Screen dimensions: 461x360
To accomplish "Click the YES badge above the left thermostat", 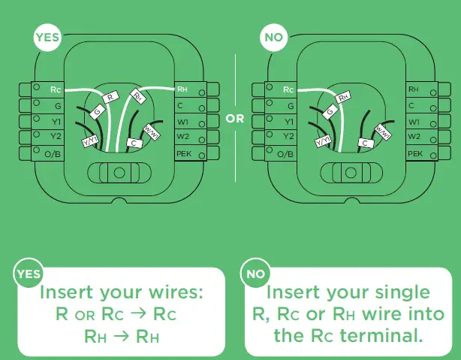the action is [x=47, y=38].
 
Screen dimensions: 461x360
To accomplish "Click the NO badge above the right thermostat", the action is [x=273, y=38].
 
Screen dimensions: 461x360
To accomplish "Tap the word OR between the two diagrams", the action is [x=235, y=119].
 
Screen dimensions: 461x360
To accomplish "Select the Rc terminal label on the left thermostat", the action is [x=56, y=89].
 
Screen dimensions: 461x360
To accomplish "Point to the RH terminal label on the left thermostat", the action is [x=182, y=89].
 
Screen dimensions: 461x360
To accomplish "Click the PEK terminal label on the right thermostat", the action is [x=415, y=153].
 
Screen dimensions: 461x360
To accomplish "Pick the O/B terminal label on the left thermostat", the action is [x=53, y=154].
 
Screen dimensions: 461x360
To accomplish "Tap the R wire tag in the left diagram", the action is [x=110, y=97].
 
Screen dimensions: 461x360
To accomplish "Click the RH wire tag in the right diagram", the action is [x=342, y=97].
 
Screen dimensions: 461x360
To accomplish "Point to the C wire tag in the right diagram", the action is [x=366, y=143].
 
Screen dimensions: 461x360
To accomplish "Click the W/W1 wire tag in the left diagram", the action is [x=152, y=132].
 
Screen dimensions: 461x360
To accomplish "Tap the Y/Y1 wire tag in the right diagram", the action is [x=324, y=141].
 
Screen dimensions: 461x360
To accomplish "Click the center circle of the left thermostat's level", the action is [x=119, y=173].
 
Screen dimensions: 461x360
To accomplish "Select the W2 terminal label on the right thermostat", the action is [x=414, y=137].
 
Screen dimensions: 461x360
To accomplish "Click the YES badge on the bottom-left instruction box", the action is [x=29, y=274].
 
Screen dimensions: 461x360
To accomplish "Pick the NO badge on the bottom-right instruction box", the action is [x=255, y=274].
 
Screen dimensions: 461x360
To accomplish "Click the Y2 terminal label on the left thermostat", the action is [x=56, y=136].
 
